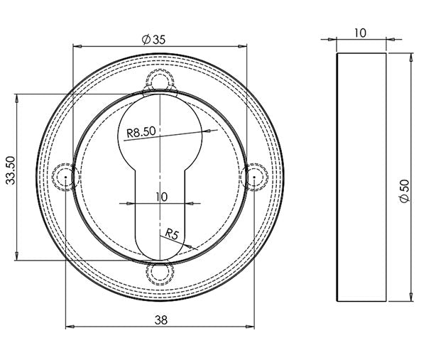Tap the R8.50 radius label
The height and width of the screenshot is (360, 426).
(x=141, y=132)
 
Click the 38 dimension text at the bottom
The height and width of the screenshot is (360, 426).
(x=160, y=320)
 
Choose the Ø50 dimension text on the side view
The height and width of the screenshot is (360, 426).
(x=404, y=191)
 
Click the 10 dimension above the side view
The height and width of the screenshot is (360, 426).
(x=361, y=33)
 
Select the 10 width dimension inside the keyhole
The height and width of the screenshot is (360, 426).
(x=160, y=197)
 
